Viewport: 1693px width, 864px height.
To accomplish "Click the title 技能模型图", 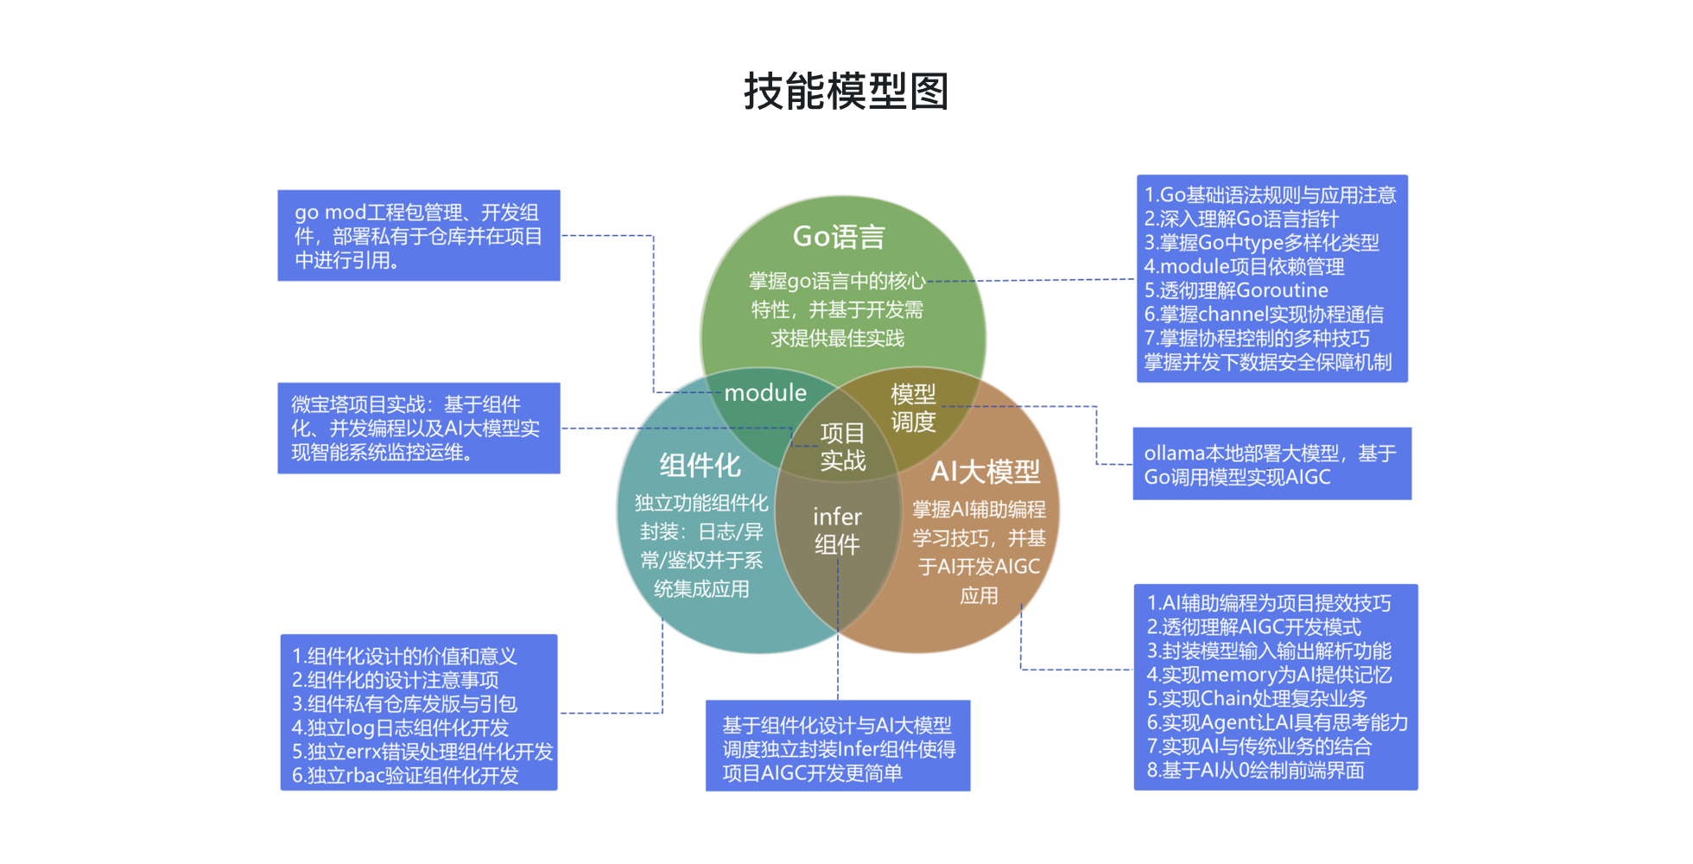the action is point(846,92).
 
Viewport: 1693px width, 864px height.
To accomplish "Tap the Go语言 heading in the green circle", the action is point(839,237).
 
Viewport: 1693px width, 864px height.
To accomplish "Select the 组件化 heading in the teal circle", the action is point(700,466).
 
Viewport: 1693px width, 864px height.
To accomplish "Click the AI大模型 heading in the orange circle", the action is point(986,472).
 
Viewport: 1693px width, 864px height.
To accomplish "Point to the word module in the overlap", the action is point(765,393).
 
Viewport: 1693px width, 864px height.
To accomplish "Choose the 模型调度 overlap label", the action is point(913,408).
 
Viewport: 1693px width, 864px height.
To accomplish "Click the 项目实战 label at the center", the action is point(842,447).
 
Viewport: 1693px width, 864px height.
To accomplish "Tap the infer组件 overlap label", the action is point(837,530).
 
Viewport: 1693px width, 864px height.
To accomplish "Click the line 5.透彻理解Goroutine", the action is point(1236,290).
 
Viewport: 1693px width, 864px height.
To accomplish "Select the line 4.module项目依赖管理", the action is point(1244,267).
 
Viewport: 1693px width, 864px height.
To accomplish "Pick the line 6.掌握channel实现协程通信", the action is point(1264,314).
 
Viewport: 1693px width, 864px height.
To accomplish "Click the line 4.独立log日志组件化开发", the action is point(400,728).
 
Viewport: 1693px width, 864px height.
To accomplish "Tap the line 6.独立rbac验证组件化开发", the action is point(405,776).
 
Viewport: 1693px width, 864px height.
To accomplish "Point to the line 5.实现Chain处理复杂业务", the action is point(1257,698).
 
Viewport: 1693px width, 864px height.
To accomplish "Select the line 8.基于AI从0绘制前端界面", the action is point(1255,770).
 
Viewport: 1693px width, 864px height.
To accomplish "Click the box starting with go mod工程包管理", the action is point(419,236).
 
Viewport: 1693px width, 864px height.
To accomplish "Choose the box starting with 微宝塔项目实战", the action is point(419,429).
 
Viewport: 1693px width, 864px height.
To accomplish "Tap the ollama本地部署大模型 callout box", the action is point(1272,464).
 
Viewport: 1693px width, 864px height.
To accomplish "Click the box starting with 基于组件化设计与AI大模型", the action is point(838,746).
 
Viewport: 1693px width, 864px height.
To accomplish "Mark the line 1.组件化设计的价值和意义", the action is point(404,657).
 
